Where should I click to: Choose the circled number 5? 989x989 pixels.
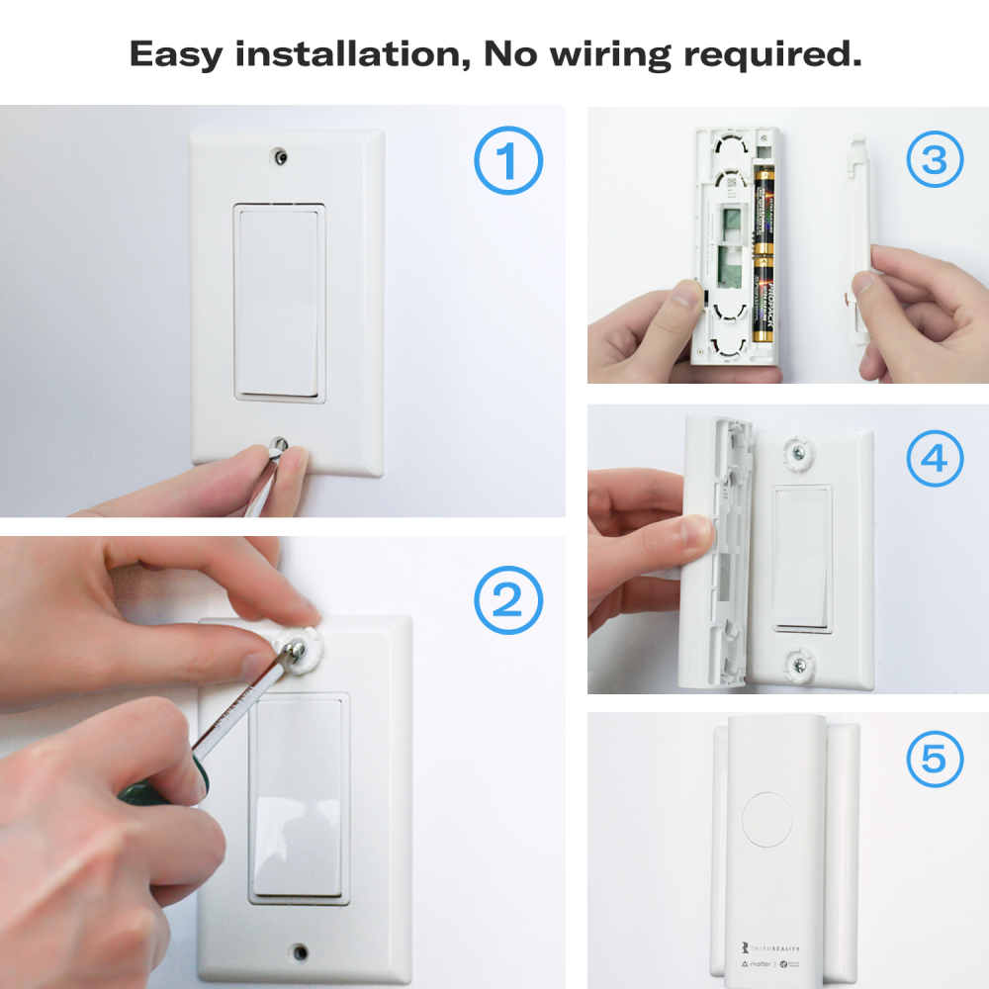[934, 760]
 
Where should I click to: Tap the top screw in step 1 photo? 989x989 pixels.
[281, 156]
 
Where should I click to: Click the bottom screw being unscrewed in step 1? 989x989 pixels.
[281, 446]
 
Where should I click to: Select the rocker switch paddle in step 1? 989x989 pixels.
[279, 302]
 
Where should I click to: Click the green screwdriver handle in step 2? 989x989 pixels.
[158, 786]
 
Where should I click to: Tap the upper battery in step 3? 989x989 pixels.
[764, 210]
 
